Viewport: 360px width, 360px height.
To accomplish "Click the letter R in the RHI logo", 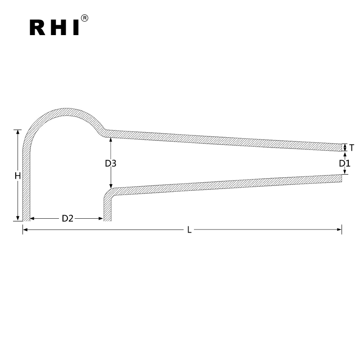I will [38, 27].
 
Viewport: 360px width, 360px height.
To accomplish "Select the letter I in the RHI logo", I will [75, 27].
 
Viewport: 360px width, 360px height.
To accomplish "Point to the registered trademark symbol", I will [84, 18].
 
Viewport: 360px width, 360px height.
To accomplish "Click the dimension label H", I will [18, 176].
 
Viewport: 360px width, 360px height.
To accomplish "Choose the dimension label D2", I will [67, 218].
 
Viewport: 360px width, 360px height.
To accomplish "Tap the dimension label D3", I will [111, 163].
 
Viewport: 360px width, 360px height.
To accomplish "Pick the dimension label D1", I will [344, 163].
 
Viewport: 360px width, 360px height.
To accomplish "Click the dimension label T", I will [351, 147].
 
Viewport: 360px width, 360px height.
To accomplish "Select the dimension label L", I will [189, 230].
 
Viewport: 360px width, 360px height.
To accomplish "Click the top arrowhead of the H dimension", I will [18, 132].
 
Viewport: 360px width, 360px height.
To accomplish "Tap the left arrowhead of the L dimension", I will [25, 229].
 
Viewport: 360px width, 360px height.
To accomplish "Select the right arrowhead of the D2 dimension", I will [101, 218].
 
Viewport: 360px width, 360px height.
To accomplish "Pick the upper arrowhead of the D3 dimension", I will [111, 140].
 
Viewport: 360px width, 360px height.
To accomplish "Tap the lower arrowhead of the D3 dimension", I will [111, 186].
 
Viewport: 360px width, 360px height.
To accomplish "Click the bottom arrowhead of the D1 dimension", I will [345, 172].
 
